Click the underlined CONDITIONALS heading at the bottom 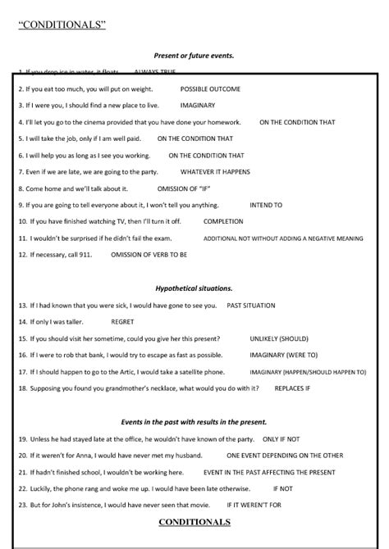click(194, 521)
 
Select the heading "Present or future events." click(194, 55)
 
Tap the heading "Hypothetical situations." click(194, 288)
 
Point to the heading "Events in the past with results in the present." click(194, 422)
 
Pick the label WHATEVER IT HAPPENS click(215, 171)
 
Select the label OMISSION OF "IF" click(186, 188)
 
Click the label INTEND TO click(266, 205)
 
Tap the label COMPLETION click(223, 221)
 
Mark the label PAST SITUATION click(251, 305)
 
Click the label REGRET click(122, 322)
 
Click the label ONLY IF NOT click(281, 438)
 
